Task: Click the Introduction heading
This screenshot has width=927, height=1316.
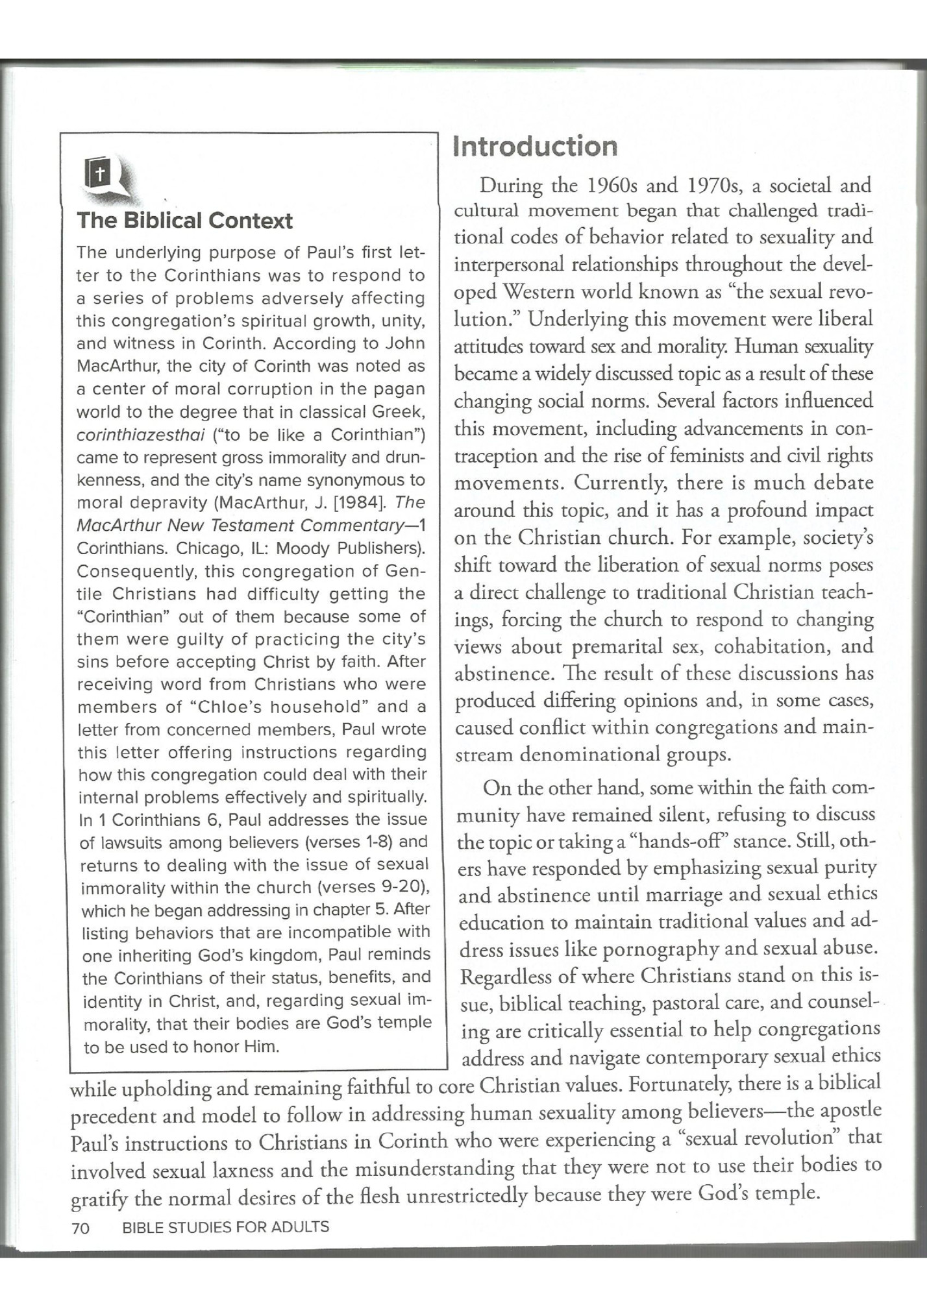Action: pyautogui.click(x=535, y=147)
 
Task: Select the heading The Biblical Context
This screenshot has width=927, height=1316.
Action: pyautogui.click(x=185, y=221)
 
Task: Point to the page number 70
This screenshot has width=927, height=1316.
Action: pyautogui.click(x=80, y=1227)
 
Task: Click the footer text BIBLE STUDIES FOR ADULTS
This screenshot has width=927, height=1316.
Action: pyautogui.click(x=225, y=1227)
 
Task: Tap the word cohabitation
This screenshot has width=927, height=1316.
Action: pyautogui.click(x=762, y=646)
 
